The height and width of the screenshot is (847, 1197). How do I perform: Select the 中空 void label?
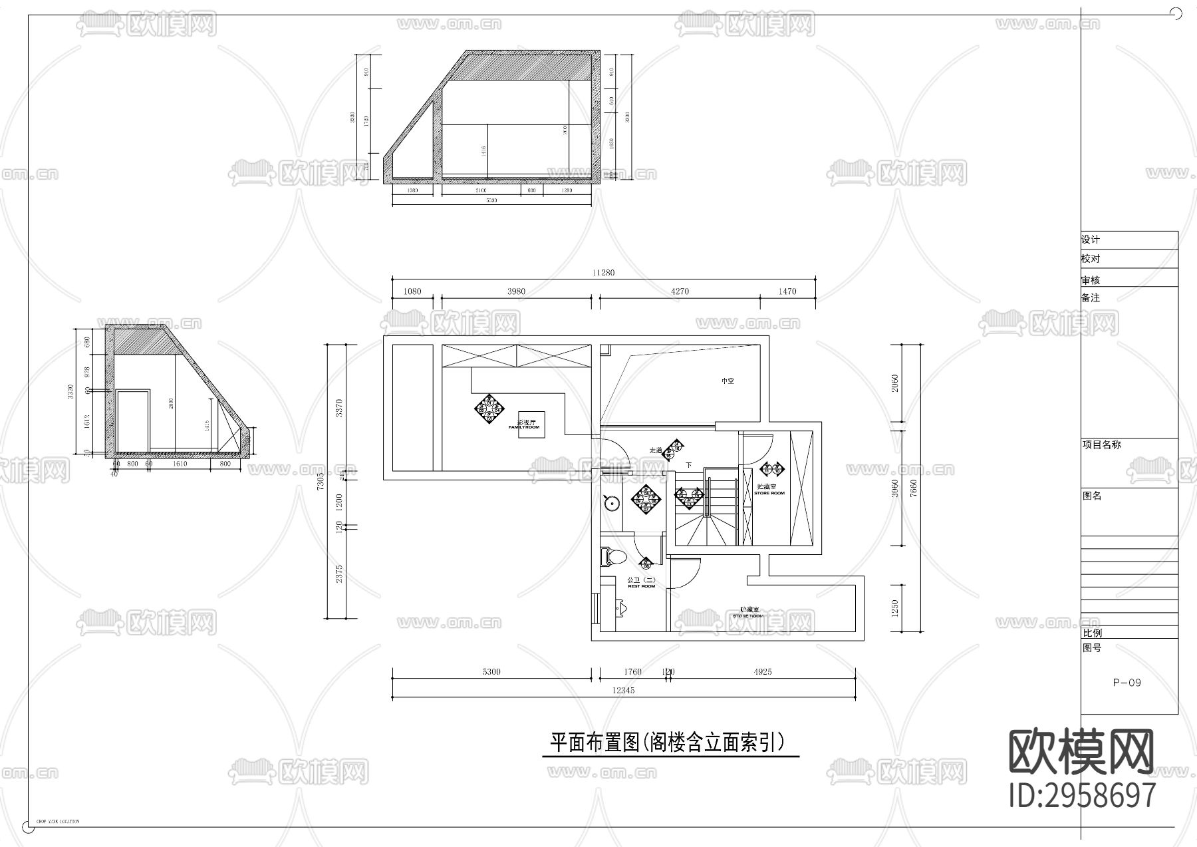tap(728, 381)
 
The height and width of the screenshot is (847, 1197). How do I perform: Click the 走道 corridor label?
tap(656, 450)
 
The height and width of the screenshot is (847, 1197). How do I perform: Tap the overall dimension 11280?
tap(604, 272)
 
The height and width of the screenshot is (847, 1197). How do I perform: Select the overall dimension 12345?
tap(623, 691)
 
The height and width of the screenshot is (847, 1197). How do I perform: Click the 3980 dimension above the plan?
tap(516, 291)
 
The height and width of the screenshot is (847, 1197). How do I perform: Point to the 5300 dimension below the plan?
tap(491, 672)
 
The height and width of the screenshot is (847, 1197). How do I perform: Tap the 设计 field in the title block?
tap(1091, 240)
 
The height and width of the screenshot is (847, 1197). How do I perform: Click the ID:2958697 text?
tap(1082, 795)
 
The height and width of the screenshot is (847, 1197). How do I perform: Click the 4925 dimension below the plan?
tap(762, 672)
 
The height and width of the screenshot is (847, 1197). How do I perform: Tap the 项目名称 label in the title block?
tap(1101, 445)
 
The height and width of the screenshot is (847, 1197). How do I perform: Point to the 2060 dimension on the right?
tap(895, 383)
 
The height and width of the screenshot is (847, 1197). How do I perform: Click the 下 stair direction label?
tap(689, 465)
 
